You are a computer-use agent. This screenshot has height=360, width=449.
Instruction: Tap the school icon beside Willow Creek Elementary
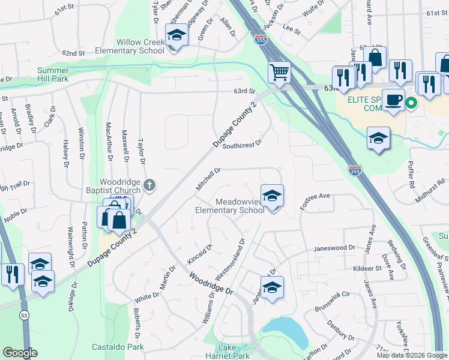[x=176, y=35]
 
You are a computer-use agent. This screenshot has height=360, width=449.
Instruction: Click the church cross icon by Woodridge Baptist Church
[x=151, y=185]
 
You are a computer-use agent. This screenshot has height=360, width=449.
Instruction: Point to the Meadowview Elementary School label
[x=231, y=206]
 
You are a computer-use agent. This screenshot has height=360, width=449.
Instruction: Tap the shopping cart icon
[x=279, y=73]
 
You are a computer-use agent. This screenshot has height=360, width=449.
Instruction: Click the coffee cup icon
[x=394, y=98]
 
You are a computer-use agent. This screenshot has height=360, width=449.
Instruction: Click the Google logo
[x=20, y=353]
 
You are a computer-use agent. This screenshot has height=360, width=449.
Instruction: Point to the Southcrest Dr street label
[x=243, y=145]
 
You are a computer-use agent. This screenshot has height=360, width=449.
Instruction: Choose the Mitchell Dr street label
[x=208, y=179]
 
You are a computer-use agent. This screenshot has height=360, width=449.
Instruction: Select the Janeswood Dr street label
[x=335, y=247]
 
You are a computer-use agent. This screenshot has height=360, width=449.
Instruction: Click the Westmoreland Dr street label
[x=230, y=260]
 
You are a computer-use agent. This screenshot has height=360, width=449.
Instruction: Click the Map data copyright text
[x=411, y=355]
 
